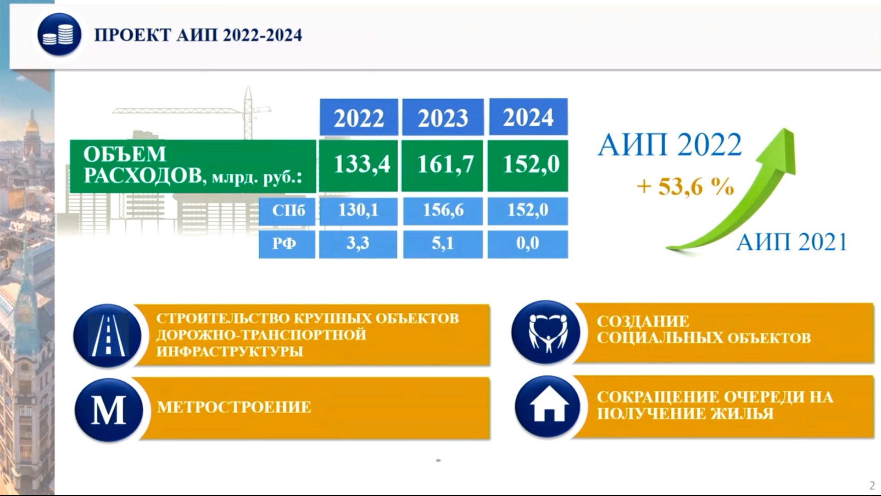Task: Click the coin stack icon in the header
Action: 59,35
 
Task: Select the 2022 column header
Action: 358,117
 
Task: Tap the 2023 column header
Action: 443,117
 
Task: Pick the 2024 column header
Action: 528,117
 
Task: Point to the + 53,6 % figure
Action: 685,186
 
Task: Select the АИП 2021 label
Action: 792,242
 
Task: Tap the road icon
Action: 108,336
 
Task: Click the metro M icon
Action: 109,410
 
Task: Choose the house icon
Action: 548,406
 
